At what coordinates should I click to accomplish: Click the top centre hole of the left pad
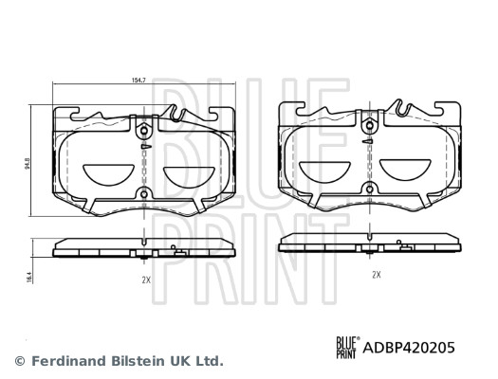tap(141, 131)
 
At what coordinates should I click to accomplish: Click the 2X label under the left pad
tap(145, 281)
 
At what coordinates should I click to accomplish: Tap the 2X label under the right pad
tap(376, 274)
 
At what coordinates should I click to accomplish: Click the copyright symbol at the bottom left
tap(20, 361)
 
